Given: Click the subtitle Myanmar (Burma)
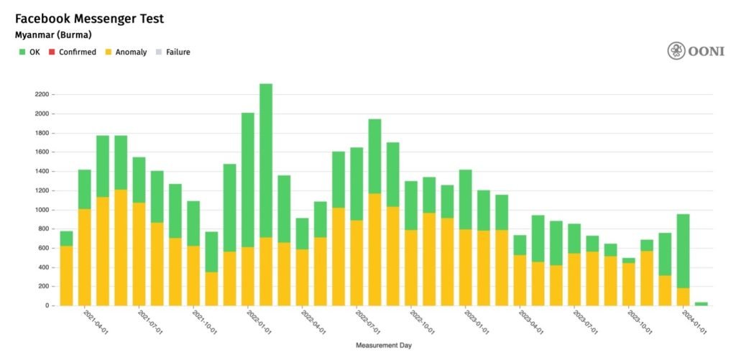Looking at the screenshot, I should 53,34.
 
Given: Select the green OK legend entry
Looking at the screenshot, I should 29,52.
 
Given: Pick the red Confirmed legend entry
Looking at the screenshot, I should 73,52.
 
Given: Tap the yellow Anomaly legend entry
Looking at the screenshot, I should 126,52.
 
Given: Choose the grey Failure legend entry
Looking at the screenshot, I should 173,52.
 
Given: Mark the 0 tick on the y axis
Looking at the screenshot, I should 45,305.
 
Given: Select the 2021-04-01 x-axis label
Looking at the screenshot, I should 96,324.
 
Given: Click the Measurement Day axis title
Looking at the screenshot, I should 384,346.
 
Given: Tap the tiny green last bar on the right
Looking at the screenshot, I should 701,304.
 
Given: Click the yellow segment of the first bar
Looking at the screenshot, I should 66,276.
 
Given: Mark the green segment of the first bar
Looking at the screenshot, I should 66,239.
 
